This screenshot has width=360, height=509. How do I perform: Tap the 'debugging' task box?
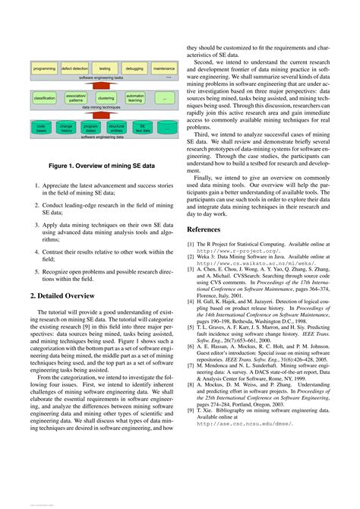click(134, 68)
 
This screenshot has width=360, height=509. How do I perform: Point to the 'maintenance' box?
click(164, 68)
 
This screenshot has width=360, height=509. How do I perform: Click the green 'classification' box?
click(45, 98)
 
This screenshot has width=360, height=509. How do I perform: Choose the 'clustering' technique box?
click(105, 98)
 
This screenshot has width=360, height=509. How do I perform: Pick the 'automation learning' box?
click(134, 98)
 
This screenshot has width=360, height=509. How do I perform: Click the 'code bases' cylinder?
click(42, 128)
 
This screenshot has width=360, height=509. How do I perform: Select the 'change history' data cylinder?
click(67, 128)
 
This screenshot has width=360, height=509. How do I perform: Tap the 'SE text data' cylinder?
click(141, 128)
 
